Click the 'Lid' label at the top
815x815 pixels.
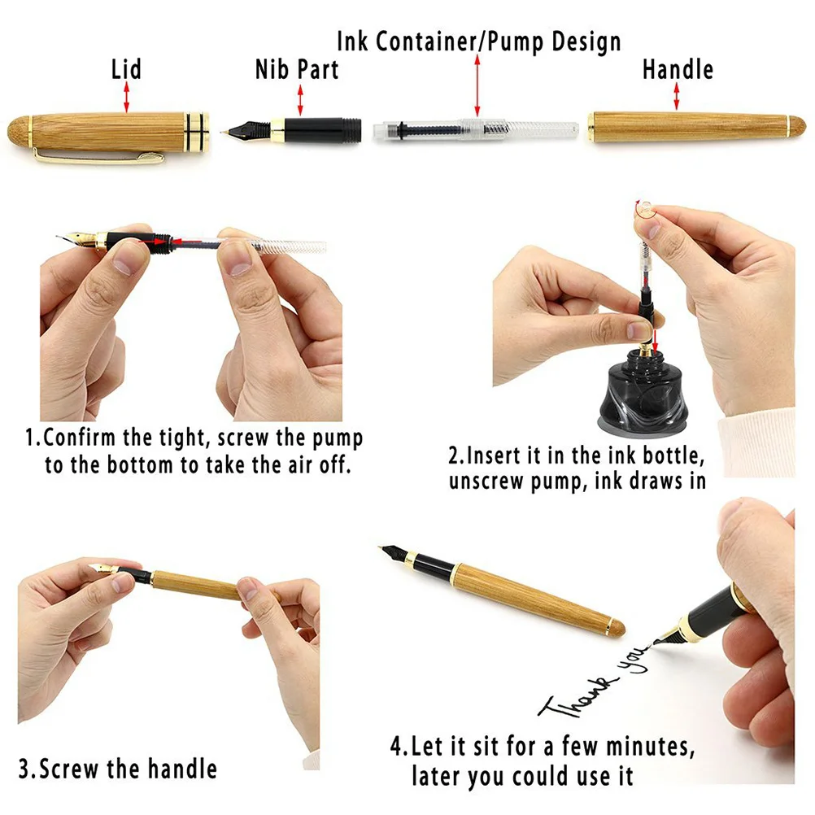coord(126,69)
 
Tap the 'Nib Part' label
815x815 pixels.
coord(297,70)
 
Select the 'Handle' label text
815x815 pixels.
coord(678,69)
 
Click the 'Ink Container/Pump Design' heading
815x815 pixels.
coord(479,41)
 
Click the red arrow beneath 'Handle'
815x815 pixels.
coord(677,98)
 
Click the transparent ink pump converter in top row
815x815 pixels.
coord(476,129)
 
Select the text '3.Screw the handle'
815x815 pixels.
coord(118,768)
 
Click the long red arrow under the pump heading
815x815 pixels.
coord(477,85)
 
